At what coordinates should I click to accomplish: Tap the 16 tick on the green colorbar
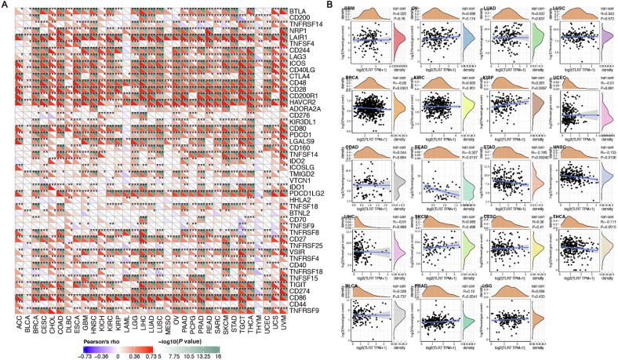point(241,355)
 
